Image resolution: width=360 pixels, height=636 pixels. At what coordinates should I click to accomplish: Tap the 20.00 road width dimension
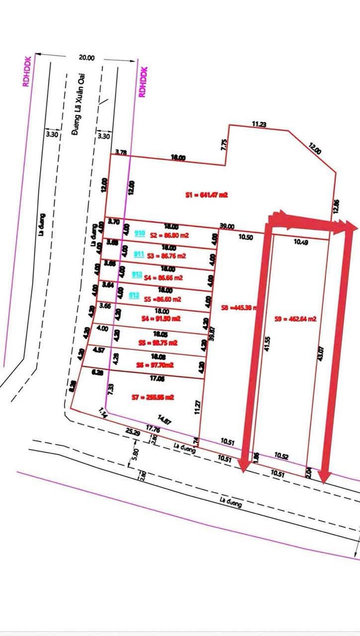[86, 57]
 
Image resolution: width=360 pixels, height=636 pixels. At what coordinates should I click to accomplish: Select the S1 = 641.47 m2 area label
[206, 195]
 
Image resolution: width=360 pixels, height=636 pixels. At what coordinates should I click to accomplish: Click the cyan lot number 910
[140, 233]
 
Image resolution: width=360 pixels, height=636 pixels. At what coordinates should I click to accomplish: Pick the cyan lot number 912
[136, 274]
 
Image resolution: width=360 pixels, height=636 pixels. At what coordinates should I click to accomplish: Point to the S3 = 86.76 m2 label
[166, 256]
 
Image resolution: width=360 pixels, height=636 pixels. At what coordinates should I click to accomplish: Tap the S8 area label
[238, 308]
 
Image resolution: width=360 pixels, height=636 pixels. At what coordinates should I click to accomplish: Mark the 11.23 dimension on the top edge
[259, 124]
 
